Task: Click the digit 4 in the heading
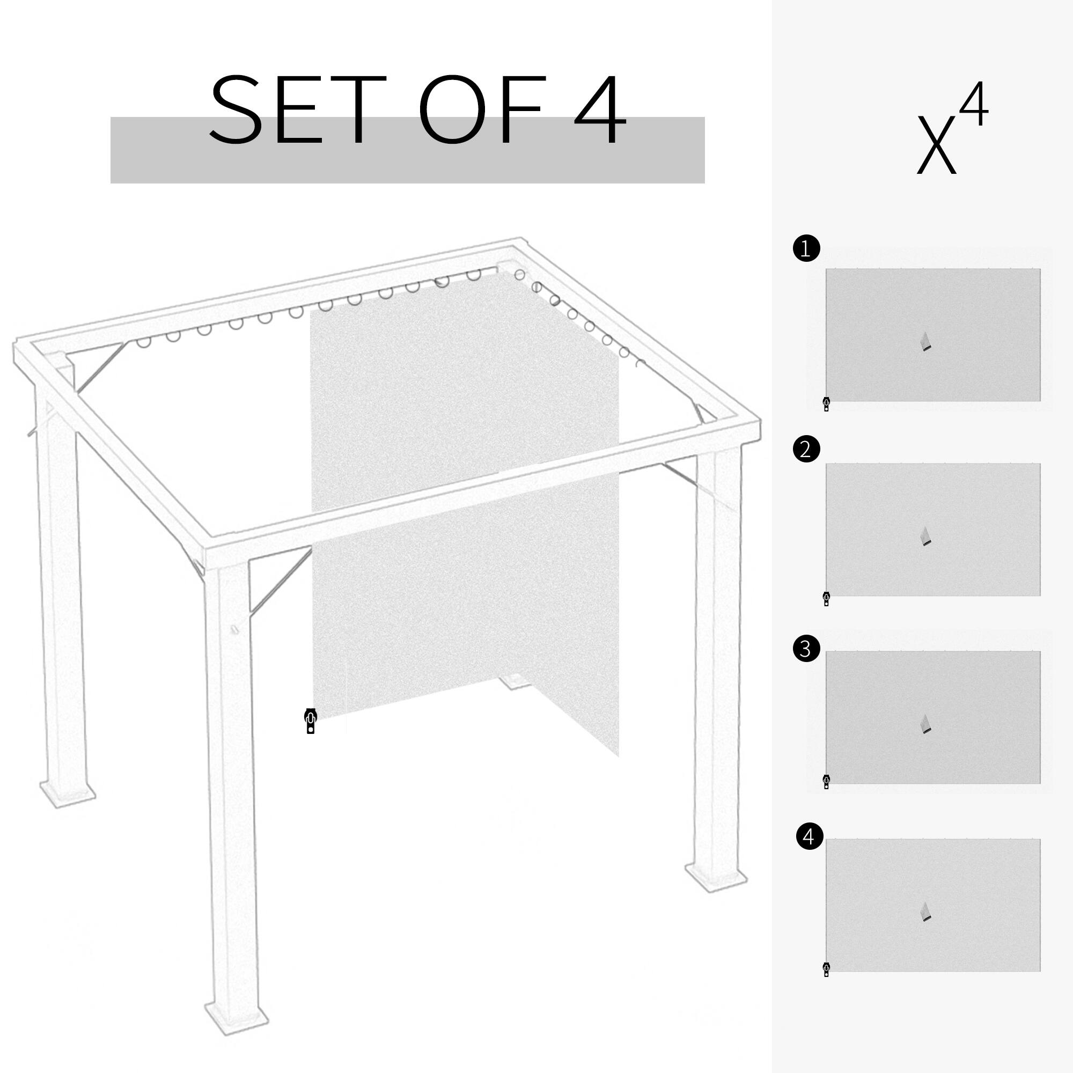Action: (600, 109)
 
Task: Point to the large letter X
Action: (936, 145)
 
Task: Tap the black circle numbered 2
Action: (806, 449)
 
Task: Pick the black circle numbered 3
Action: (806, 649)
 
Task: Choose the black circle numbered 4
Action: (809, 836)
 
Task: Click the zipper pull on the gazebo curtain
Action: (311, 721)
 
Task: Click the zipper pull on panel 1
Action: (826, 404)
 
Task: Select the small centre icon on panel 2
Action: (925, 536)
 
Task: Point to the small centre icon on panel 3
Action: (925, 724)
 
